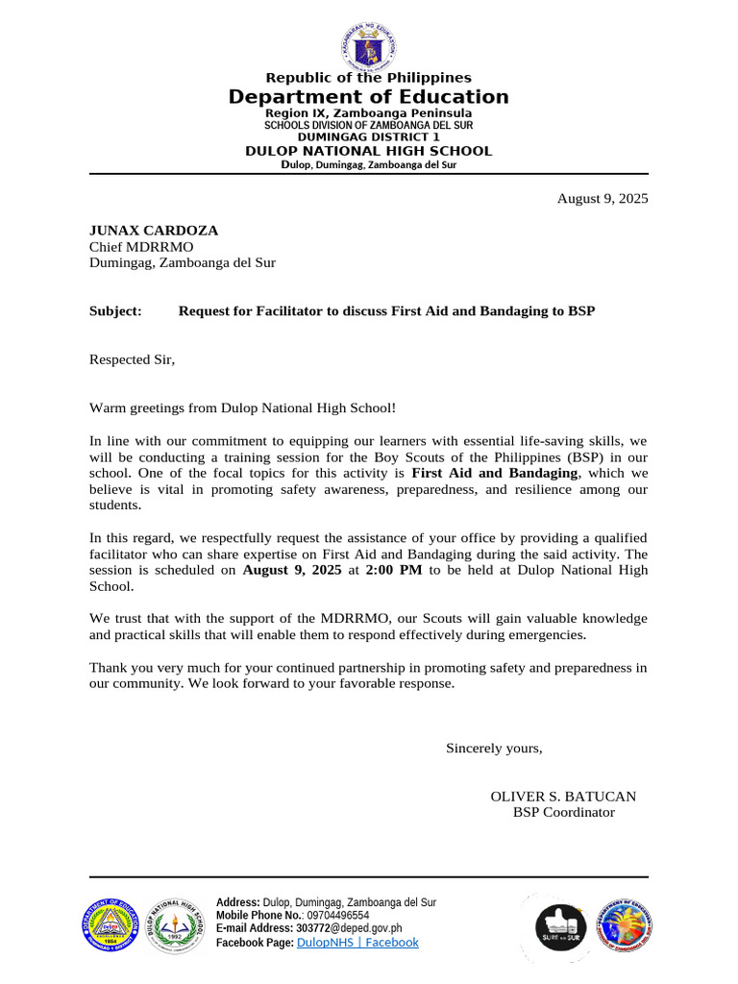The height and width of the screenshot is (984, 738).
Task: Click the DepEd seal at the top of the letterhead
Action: (x=369, y=45)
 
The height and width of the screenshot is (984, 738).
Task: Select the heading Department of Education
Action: (x=369, y=97)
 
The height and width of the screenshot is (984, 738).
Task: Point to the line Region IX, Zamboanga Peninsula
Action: (x=369, y=114)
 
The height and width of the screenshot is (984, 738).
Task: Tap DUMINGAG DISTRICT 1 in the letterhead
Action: (x=369, y=137)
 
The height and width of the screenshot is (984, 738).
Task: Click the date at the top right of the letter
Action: (x=603, y=199)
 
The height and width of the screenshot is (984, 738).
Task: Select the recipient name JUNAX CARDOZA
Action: (x=154, y=231)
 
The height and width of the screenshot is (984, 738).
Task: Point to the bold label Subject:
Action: (x=115, y=311)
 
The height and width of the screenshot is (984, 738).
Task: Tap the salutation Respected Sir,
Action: (x=133, y=360)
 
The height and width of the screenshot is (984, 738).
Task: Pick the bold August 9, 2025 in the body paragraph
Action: (x=292, y=570)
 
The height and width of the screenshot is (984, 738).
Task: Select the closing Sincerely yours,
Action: (x=494, y=749)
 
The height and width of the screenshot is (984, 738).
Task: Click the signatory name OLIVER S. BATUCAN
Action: (x=563, y=797)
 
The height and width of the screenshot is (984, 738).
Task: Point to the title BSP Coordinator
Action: (x=563, y=813)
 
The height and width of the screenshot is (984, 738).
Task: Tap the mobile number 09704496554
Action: (x=337, y=916)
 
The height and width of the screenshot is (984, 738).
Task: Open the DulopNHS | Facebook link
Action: (x=357, y=944)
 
